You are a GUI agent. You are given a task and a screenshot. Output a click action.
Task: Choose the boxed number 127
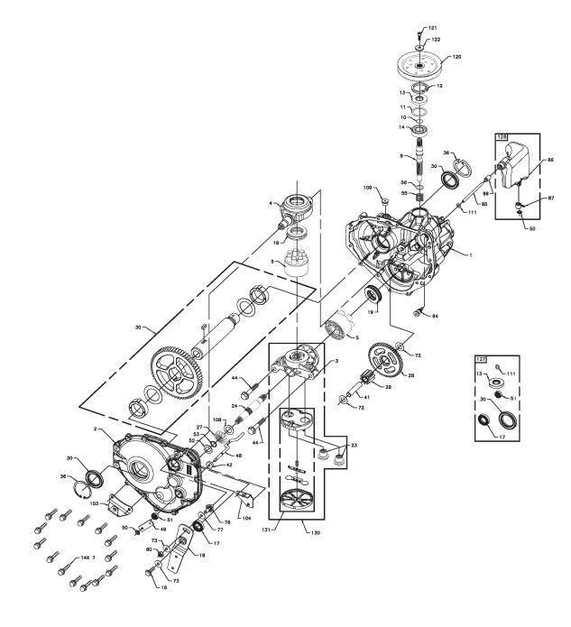[481, 358]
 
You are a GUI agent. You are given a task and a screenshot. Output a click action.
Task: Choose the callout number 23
[352, 445]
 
